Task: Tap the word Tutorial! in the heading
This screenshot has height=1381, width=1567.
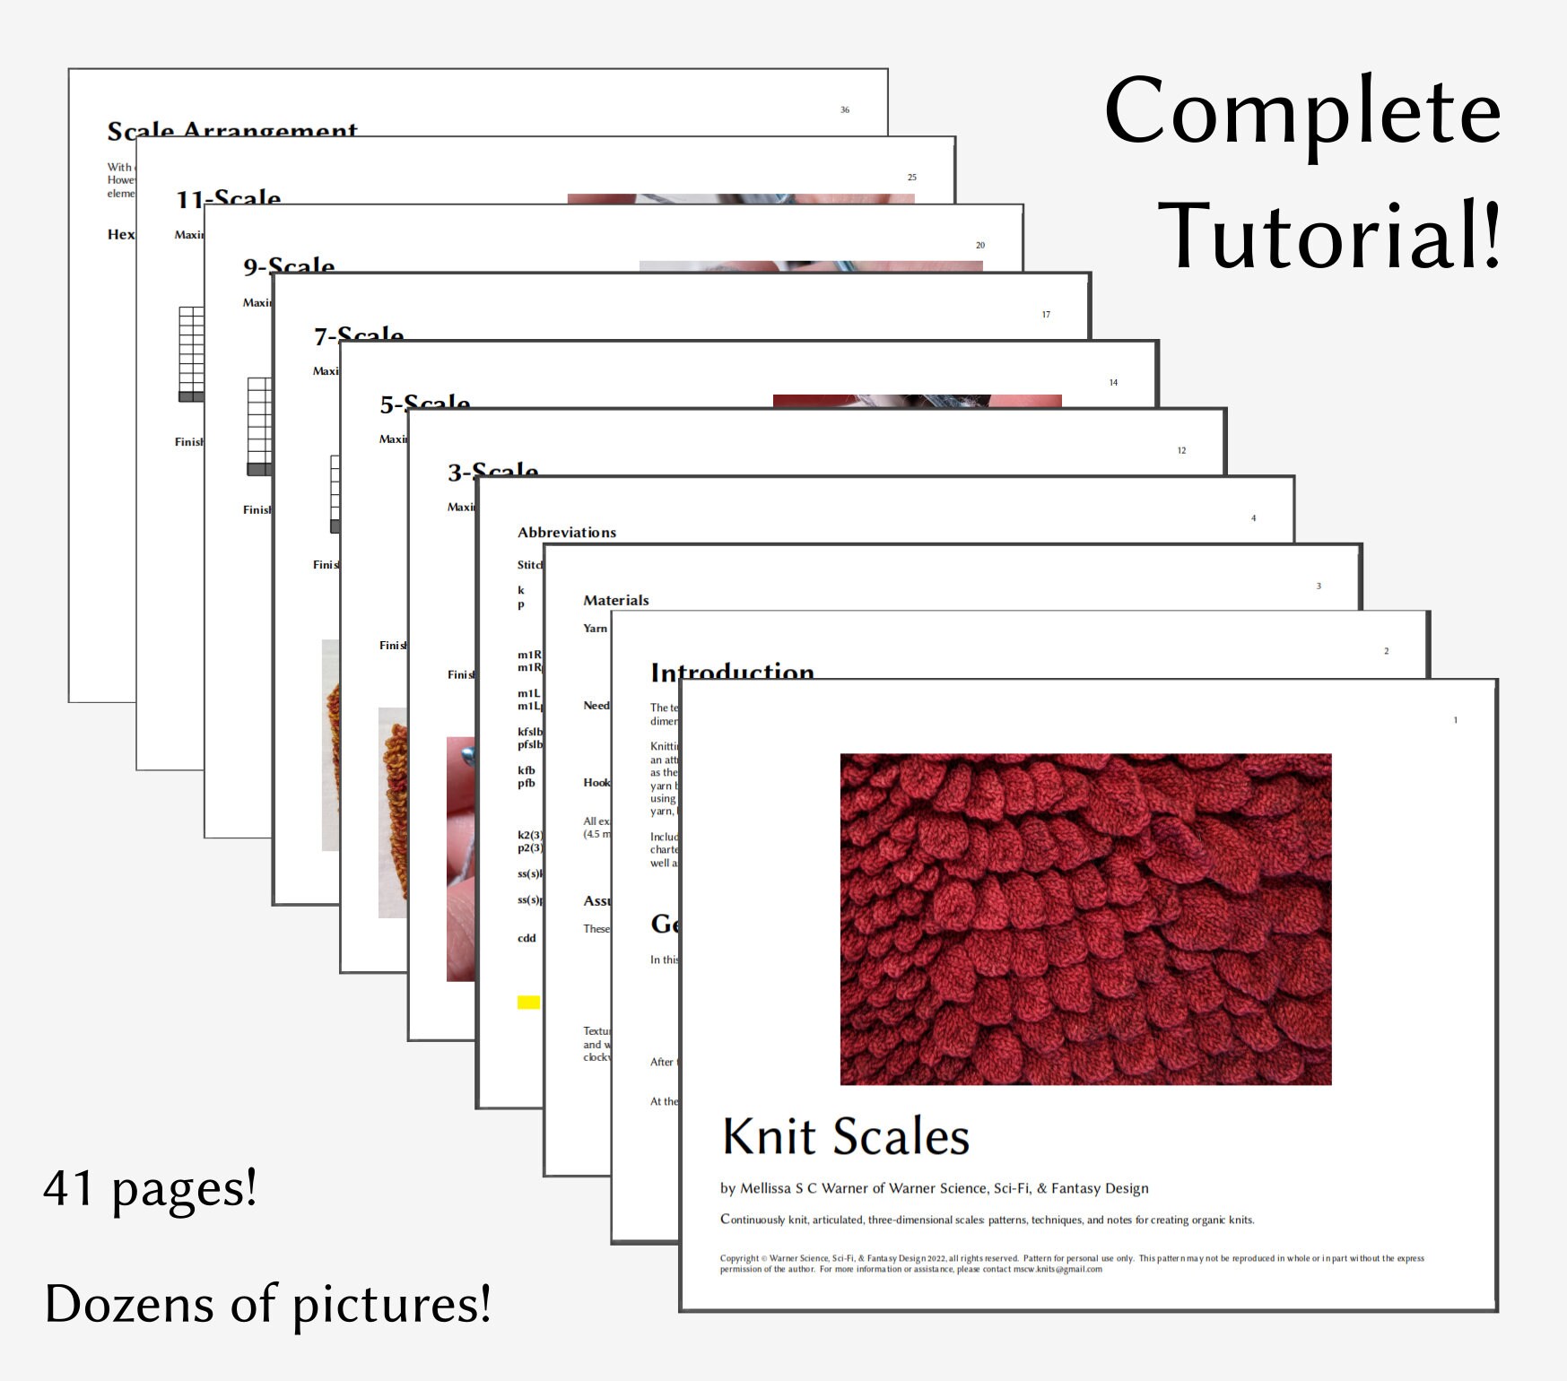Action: (1328, 236)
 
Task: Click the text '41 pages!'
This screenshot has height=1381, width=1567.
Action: (150, 1189)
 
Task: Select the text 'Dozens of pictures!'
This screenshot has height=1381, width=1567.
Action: (268, 1303)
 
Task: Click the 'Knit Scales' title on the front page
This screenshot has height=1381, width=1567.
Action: (846, 1137)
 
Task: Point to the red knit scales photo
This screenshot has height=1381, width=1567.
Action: (1085, 919)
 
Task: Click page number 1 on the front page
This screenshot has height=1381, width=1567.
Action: (1455, 720)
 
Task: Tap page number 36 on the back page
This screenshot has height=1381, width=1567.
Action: (845, 109)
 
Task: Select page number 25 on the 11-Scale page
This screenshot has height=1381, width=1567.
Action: (911, 178)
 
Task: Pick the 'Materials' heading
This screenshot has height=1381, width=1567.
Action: (615, 600)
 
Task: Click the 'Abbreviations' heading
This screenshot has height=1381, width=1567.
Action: (567, 532)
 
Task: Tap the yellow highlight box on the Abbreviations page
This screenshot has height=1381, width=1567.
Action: (528, 1002)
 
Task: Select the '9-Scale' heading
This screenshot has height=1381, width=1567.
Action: (289, 265)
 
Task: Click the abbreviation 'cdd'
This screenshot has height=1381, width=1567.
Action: (527, 938)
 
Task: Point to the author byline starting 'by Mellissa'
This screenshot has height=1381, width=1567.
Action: (934, 1188)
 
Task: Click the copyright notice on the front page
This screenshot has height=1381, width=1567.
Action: (1071, 1264)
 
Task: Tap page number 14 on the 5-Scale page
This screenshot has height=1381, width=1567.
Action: (1113, 383)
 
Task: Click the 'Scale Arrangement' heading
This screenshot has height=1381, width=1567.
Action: (232, 131)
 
